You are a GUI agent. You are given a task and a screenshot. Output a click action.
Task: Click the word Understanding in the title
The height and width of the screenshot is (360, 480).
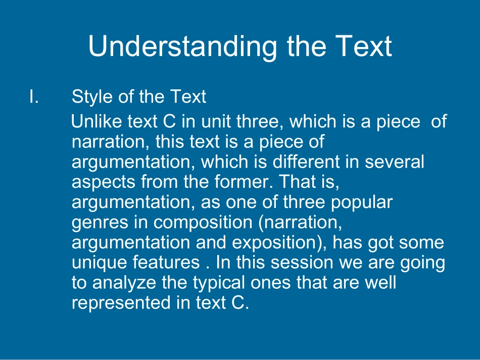[183, 46]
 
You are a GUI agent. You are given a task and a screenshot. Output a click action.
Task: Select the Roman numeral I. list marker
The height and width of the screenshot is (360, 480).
[34, 96]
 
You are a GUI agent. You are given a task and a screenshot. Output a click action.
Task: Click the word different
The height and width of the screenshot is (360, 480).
[306, 162]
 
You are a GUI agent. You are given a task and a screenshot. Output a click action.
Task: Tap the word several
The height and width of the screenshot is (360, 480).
[394, 162]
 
